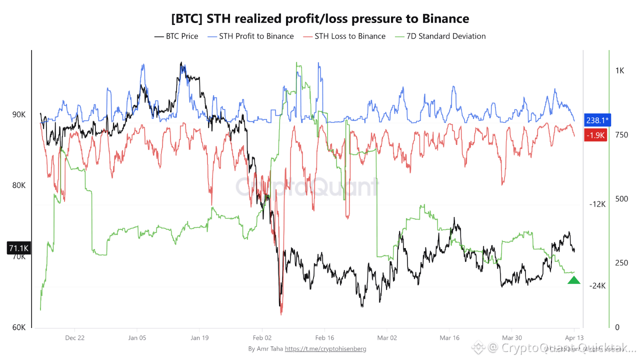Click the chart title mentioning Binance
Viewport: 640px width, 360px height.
click(x=320, y=19)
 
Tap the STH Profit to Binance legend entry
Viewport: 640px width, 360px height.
click(x=250, y=36)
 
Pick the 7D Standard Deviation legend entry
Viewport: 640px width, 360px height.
click(x=440, y=36)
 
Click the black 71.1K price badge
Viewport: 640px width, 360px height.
click(x=19, y=248)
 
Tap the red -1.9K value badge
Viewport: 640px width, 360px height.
click(x=595, y=135)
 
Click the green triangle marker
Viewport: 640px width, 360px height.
click(x=574, y=280)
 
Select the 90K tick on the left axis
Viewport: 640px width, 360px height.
click(x=19, y=114)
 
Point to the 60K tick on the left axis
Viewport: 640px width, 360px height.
click(x=19, y=327)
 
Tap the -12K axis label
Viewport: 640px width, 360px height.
click(x=597, y=204)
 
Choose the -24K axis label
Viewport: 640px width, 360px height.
click(x=597, y=286)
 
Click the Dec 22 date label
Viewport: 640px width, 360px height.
click(x=74, y=338)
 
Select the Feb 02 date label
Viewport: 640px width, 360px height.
click(x=261, y=338)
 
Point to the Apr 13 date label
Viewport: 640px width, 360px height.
click(x=573, y=338)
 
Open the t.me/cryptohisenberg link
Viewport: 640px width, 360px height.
click(x=325, y=348)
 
